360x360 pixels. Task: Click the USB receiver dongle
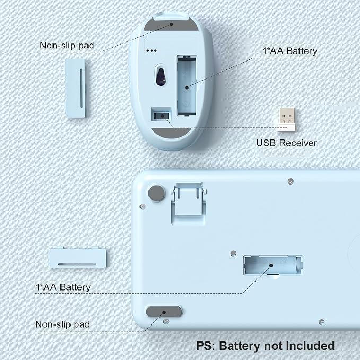(286, 119)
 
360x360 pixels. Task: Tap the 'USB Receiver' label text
(286, 143)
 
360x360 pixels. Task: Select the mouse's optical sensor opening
(161, 75)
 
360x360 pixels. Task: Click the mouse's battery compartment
(187, 85)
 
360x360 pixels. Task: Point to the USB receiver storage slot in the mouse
(161, 115)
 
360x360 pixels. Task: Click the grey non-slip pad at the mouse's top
(171, 24)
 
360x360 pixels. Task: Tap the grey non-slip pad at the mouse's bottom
(171, 133)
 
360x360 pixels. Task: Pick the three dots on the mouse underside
(152, 50)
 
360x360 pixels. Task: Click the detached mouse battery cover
(75, 89)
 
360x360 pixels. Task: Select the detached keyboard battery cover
(78, 257)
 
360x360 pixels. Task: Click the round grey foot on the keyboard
(156, 193)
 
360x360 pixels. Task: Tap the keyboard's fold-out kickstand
(189, 203)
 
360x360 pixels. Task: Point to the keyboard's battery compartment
(273, 265)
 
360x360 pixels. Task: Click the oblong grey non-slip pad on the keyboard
(164, 312)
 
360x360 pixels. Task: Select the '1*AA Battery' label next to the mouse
(289, 51)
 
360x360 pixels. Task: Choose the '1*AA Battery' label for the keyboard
(63, 287)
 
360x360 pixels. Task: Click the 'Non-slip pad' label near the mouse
(67, 46)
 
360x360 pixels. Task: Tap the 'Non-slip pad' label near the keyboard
(63, 324)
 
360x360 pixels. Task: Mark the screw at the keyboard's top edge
(291, 181)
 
